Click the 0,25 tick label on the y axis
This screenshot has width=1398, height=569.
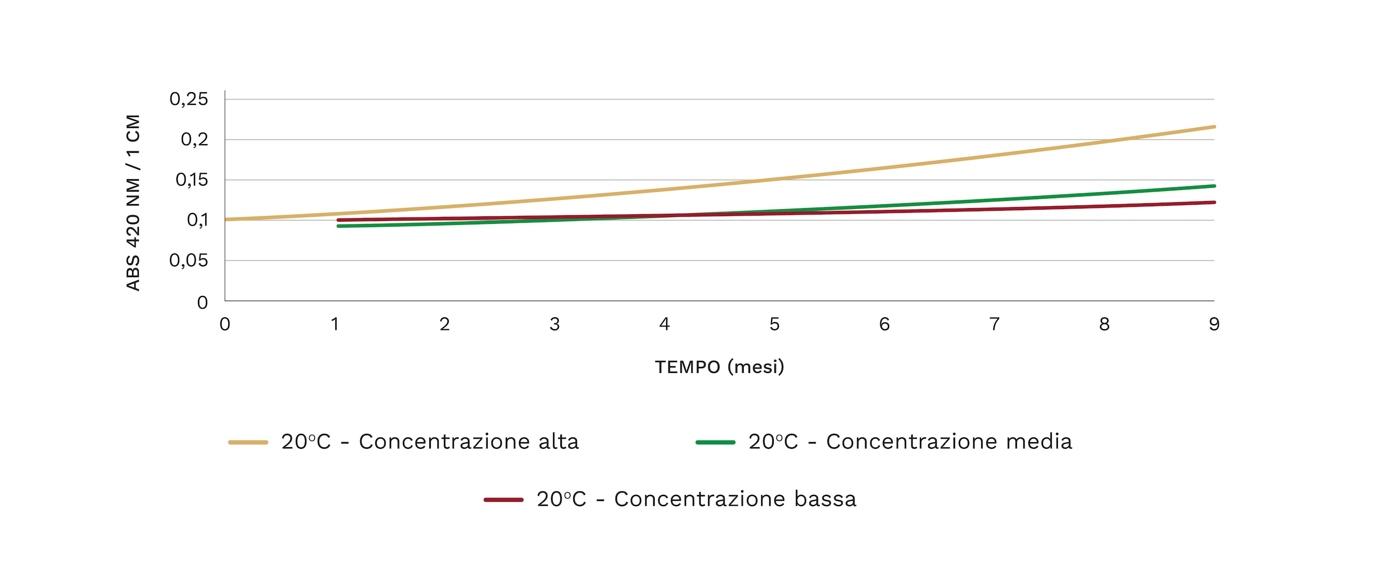188,99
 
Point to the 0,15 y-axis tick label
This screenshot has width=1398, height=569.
192,180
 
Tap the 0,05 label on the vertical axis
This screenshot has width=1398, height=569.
188,260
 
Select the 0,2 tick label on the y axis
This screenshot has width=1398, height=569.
194,140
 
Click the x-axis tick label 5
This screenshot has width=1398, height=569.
774,324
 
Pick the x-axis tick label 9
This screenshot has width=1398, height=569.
1214,324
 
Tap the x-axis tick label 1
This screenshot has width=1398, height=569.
335,324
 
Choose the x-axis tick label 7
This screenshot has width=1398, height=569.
994,324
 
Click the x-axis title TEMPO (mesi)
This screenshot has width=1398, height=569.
719,367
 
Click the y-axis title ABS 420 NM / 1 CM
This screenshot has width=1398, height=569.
133,202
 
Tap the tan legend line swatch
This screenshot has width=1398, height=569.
248,442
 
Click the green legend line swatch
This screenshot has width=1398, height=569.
715,442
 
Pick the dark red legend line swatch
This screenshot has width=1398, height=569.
503,500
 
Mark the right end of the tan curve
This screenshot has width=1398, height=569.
1214,127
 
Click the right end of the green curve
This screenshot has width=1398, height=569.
1214,186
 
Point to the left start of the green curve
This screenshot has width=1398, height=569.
339,226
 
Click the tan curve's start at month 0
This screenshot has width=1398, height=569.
226,220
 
